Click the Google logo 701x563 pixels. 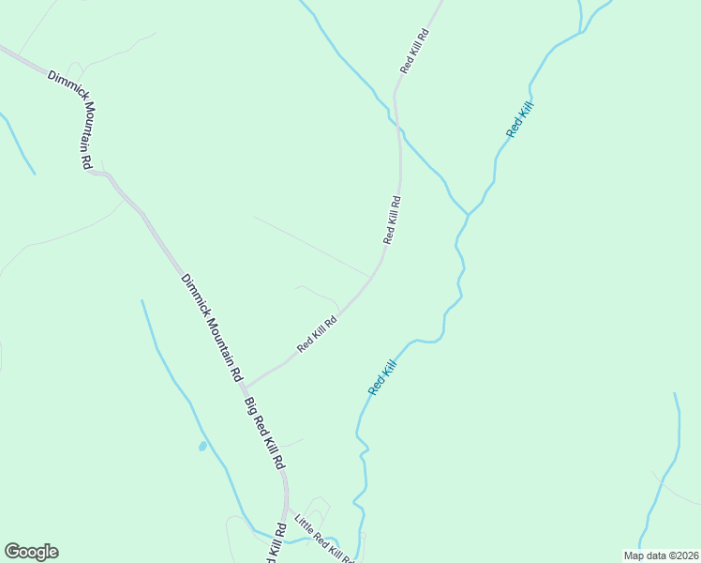click(31, 552)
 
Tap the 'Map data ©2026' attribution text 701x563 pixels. click(661, 555)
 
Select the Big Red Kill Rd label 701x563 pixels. click(263, 434)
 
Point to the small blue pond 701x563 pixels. click(202, 446)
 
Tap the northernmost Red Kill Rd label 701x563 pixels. click(414, 52)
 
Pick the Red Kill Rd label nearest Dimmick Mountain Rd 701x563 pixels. click(317, 333)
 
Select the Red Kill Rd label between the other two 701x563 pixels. click(392, 220)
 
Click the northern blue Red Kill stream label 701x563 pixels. click(519, 121)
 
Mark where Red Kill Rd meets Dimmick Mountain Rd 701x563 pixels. click(246, 385)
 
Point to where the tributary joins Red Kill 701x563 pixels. click(467, 214)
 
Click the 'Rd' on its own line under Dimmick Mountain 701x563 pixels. click(85, 161)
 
